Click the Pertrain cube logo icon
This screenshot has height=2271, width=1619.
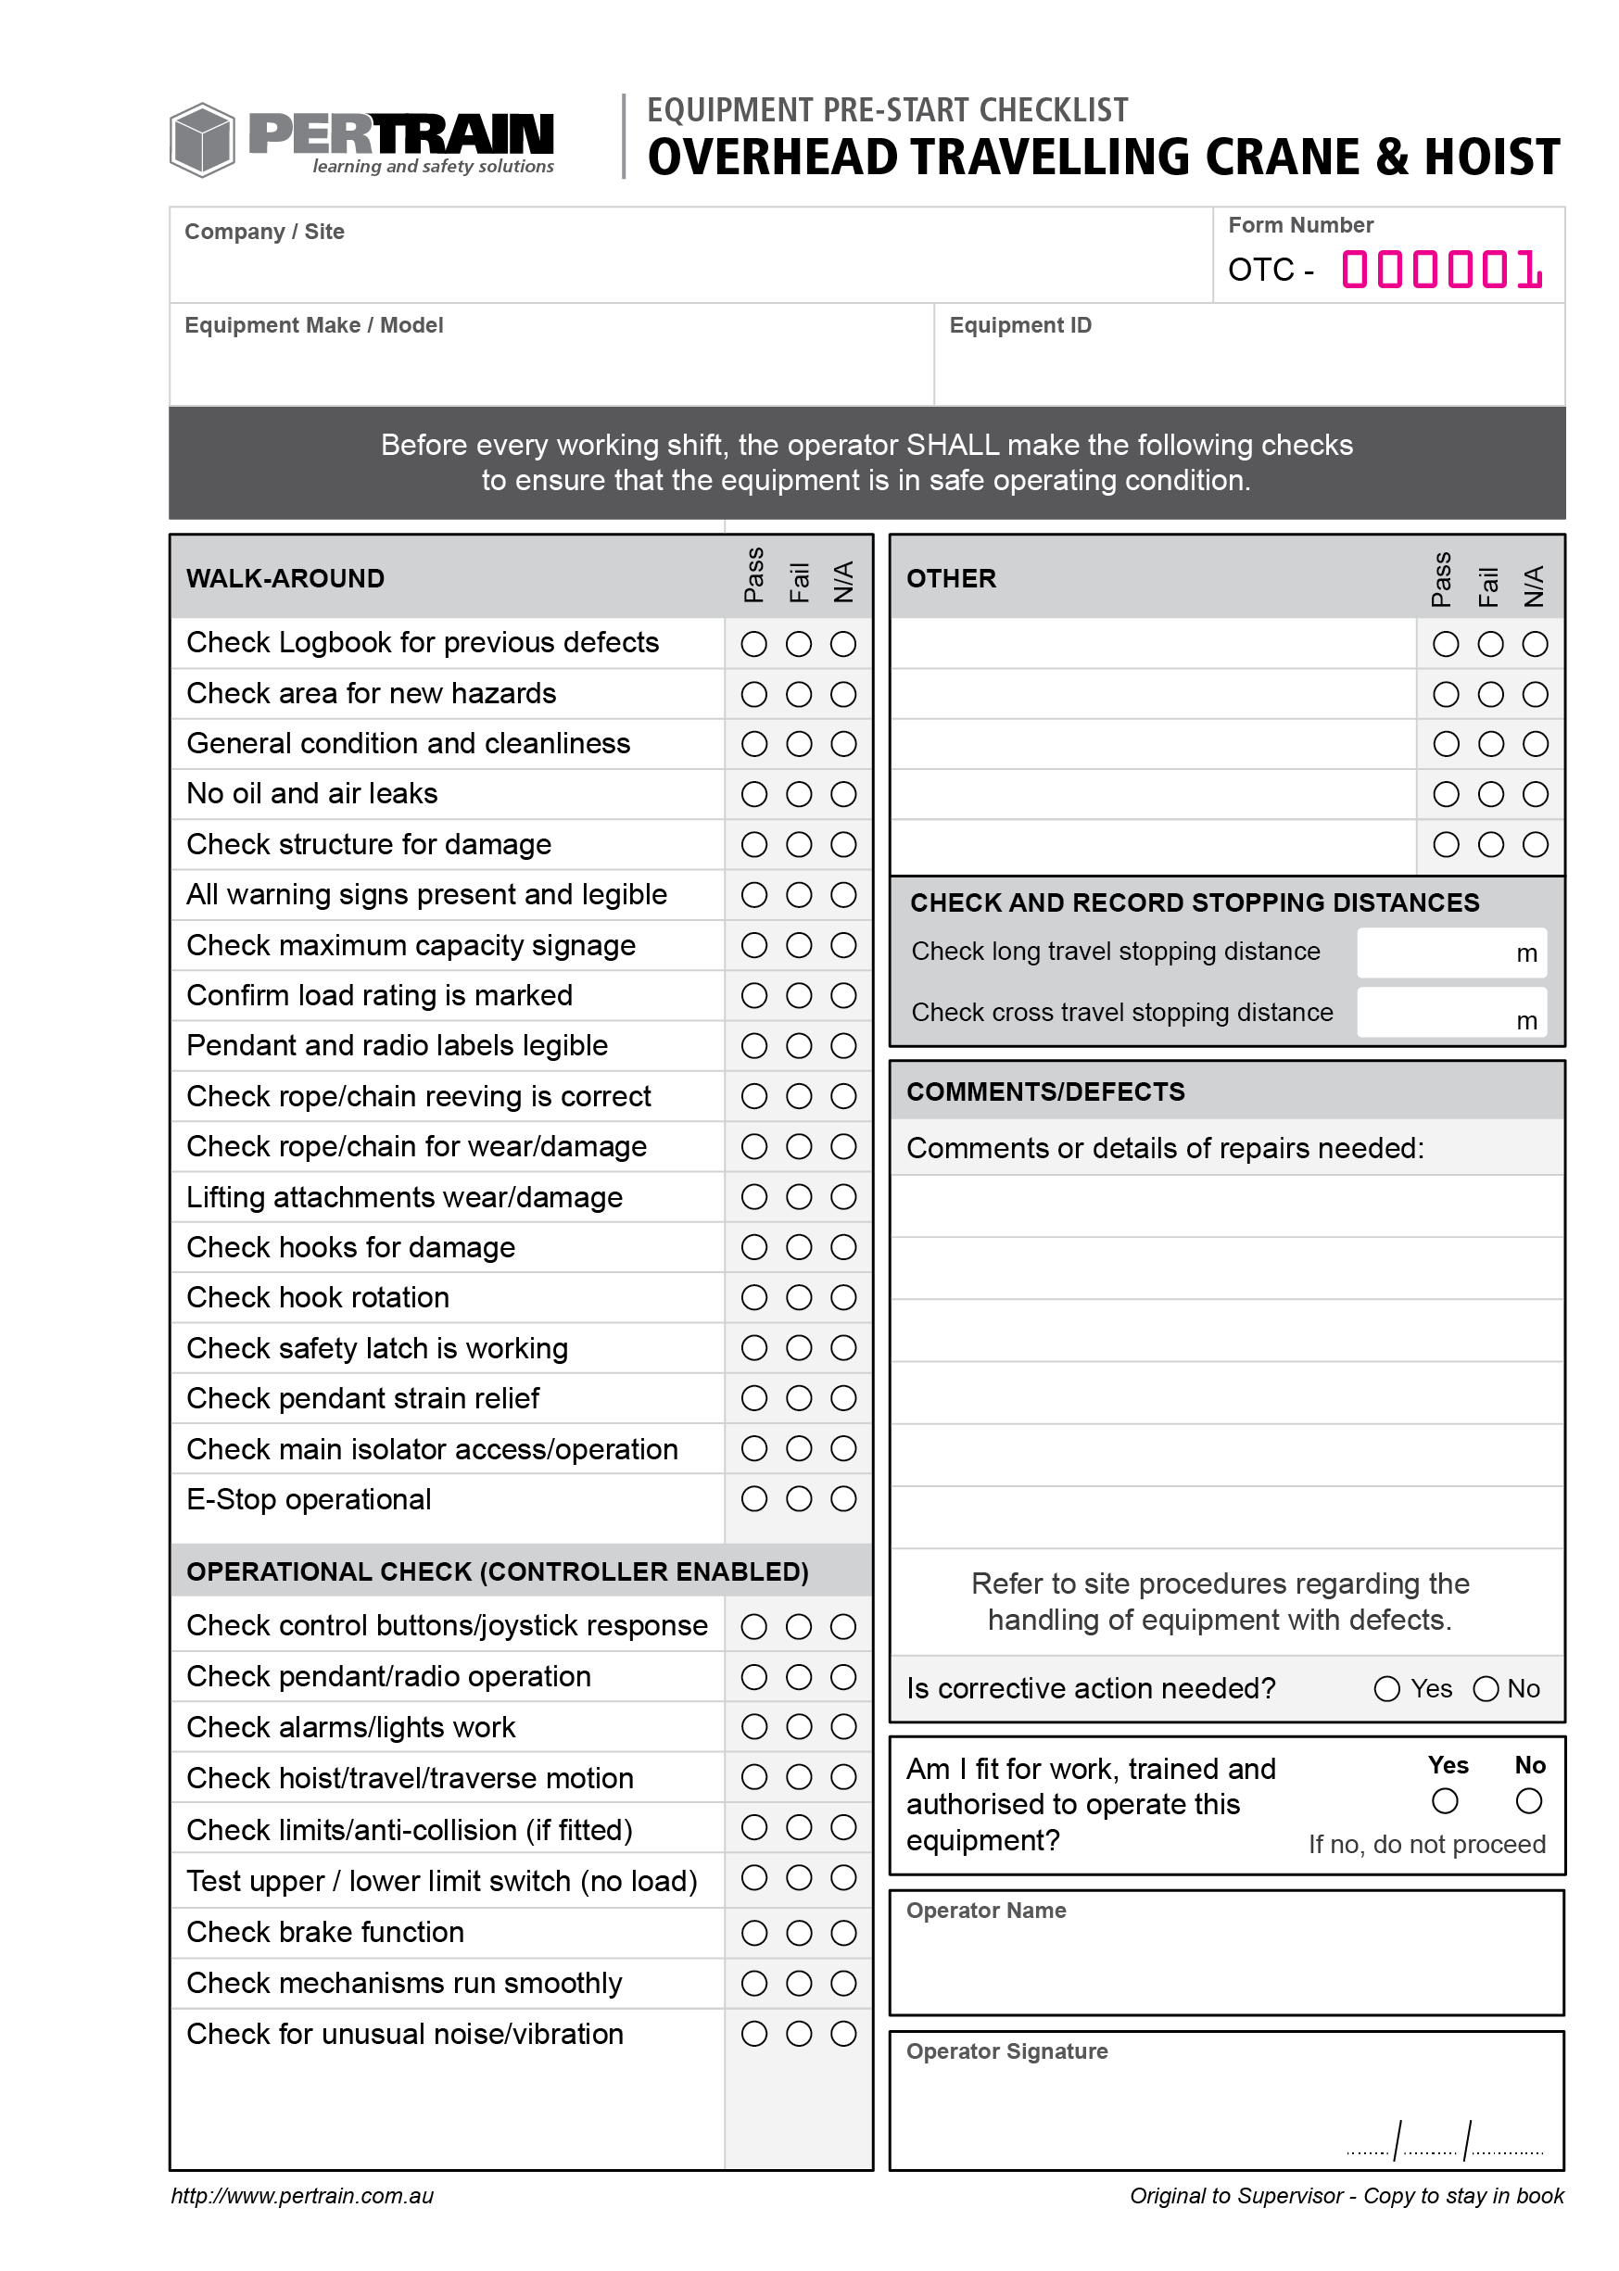tap(201, 140)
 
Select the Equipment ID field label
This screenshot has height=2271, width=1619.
tap(1019, 325)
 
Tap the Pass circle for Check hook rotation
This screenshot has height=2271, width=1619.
tap(753, 1297)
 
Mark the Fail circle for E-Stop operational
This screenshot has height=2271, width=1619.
tap(799, 1499)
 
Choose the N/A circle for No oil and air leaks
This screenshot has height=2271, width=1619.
tap(843, 794)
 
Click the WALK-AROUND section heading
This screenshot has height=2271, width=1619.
tap(285, 578)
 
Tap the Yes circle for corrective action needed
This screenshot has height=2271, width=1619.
tap(1385, 1688)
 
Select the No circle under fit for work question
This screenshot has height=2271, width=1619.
tap(1528, 1800)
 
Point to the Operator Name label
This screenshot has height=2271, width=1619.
tap(985, 1911)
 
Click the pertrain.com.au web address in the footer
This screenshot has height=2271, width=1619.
tap(302, 2195)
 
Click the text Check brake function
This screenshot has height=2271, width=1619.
tap(325, 1931)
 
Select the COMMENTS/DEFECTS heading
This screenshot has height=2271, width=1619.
tap(1044, 1091)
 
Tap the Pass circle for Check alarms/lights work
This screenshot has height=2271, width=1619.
tap(753, 1726)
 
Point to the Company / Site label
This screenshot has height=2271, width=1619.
tap(264, 232)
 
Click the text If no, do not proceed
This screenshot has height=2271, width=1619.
tap(1425, 1844)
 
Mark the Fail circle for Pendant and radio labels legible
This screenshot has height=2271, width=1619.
tap(799, 1045)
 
